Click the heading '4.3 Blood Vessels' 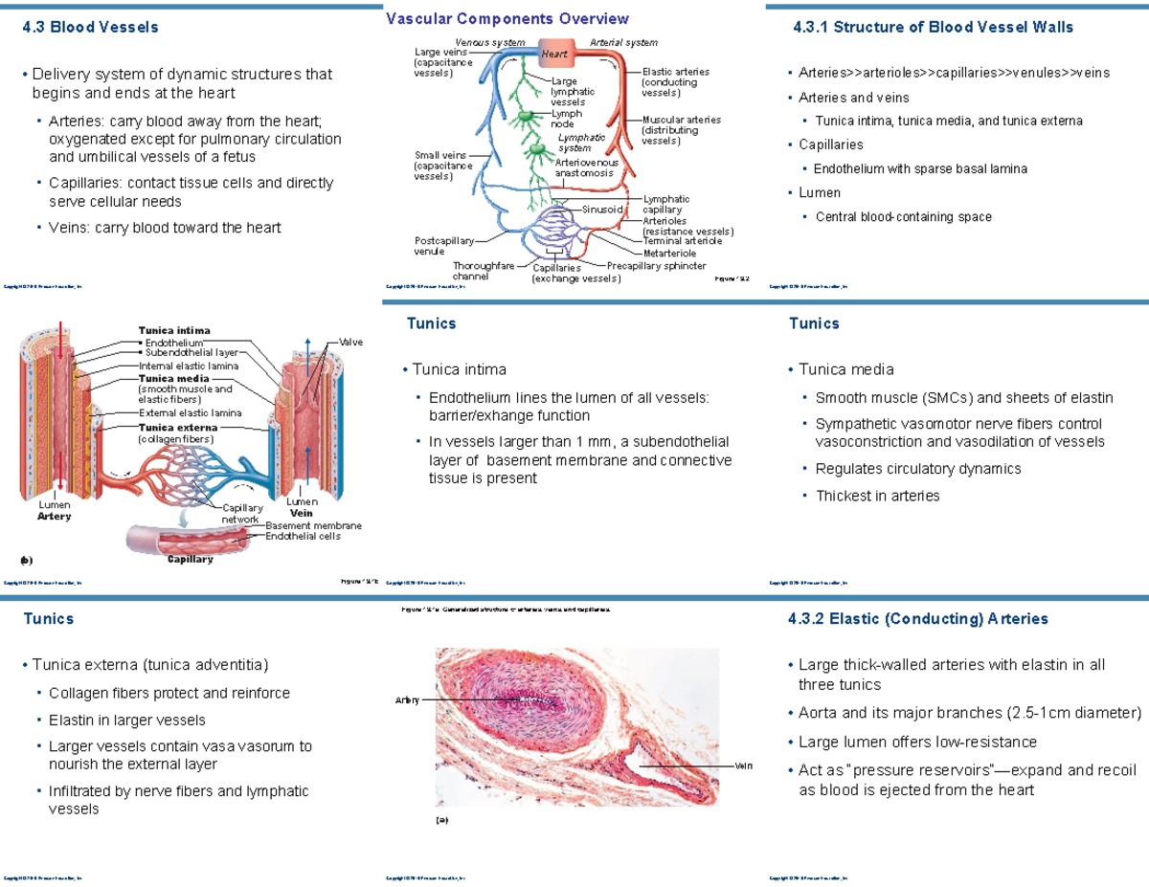90,28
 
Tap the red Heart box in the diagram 555,54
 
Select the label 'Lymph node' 566,119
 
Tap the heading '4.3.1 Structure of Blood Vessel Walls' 934,28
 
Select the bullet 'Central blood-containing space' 903,217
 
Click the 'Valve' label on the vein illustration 350,342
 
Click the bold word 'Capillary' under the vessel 190,559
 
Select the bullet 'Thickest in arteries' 877,496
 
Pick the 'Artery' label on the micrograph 407,701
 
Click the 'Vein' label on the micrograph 743,765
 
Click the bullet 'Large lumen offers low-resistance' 917,742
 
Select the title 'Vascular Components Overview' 507,19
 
